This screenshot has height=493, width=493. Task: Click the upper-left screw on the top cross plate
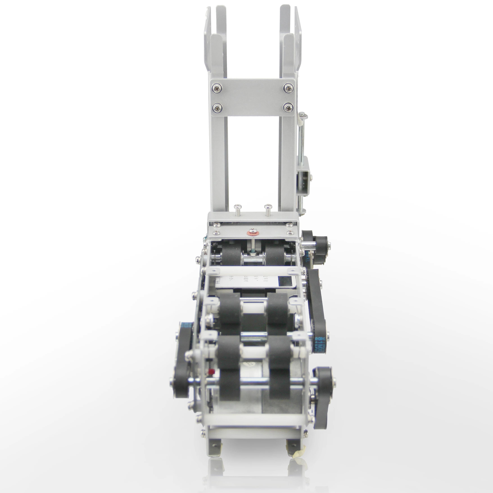tap(217, 88)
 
